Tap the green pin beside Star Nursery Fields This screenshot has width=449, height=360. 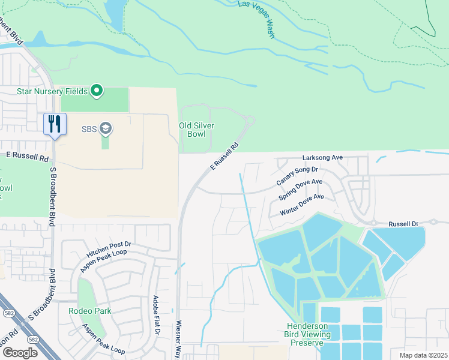96,91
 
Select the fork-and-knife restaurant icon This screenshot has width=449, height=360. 55,124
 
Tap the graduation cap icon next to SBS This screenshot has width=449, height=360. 106,128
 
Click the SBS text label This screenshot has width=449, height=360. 89,128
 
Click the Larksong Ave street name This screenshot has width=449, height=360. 322,157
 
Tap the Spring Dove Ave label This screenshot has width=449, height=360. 301,189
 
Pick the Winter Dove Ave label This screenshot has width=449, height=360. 302,205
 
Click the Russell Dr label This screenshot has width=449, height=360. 403,223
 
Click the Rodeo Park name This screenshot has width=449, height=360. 90,311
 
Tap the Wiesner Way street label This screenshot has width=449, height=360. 179,339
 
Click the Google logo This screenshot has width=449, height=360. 19,353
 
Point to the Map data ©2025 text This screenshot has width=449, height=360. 423,355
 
